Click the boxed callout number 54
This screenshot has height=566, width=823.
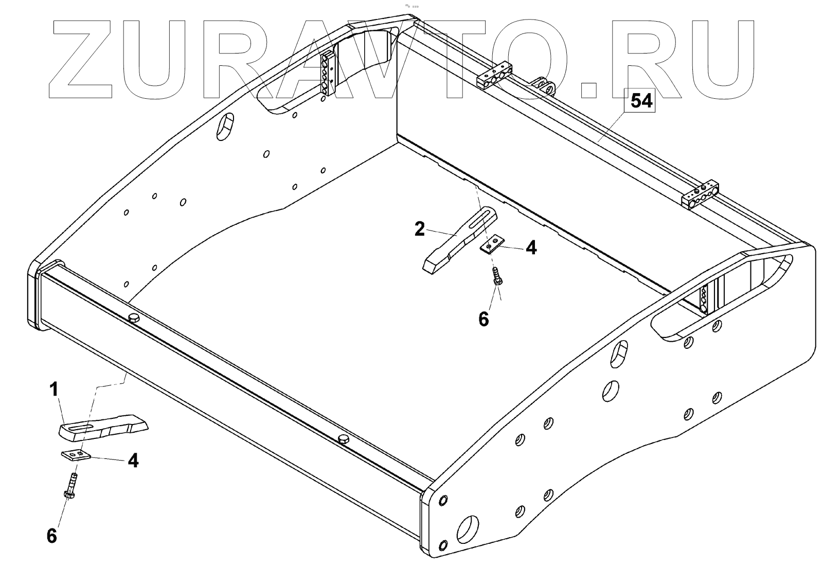pyautogui.click(x=641, y=101)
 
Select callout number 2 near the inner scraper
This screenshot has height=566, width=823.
pyautogui.click(x=420, y=229)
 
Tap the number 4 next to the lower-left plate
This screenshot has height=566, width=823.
pyautogui.click(x=133, y=461)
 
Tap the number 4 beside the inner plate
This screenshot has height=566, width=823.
pyautogui.click(x=531, y=248)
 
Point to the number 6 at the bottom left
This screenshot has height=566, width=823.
pyautogui.click(x=51, y=536)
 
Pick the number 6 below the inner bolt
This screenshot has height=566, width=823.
pyautogui.click(x=484, y=319)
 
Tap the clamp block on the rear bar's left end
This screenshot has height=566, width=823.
pyautogui.click(x=493, y=77)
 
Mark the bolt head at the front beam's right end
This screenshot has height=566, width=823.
pyautogui.click(x=344, y=438)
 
